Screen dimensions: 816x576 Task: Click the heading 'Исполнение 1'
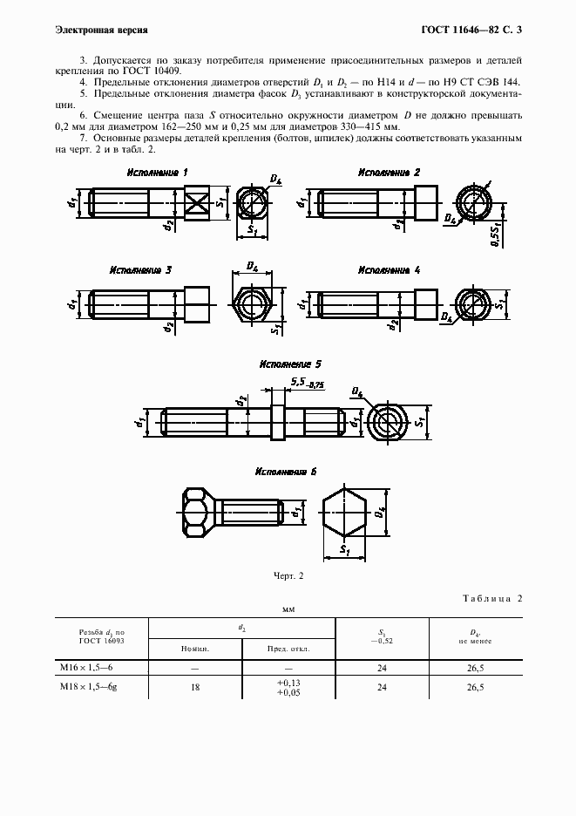click(x=158, y=173)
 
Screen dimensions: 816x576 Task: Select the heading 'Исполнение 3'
click(x=140, y=269)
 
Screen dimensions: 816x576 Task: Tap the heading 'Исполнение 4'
click(x=390, y=269)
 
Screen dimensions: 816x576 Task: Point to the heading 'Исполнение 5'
click(x=291, y=364)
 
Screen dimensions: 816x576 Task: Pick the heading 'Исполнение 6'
click(x=285, y=471)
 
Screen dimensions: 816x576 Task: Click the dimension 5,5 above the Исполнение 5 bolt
click(x=298, y=382)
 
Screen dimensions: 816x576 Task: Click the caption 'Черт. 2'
click(x=288, y=575)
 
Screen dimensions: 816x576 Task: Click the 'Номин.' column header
click(x=194, y=649)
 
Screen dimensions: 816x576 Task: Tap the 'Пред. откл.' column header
click(x=288, y=649)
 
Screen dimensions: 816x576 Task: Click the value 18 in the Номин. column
click(x=194, y=687)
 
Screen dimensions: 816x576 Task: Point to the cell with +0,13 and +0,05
click(x=288, y=687)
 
